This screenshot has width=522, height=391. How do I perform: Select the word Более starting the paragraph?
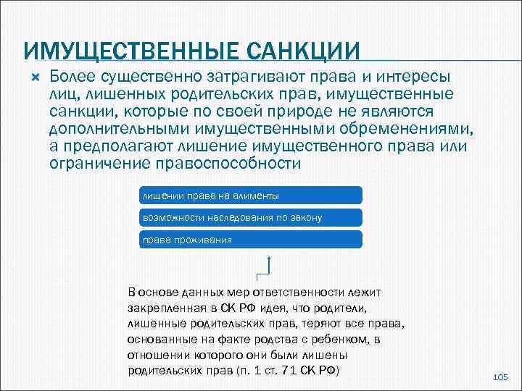coord(75,77)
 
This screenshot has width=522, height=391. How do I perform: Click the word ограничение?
coord(99,164)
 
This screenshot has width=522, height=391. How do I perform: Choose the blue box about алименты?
coord(249,195)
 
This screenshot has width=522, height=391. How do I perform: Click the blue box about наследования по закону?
coord(249,217)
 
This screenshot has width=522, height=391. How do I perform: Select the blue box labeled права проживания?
coord(249,240)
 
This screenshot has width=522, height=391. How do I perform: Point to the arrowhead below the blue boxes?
coord(270,258)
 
